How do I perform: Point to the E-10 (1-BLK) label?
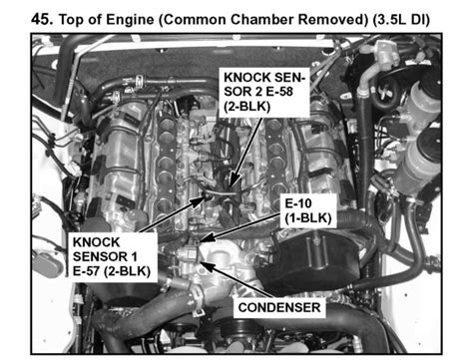303,206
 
